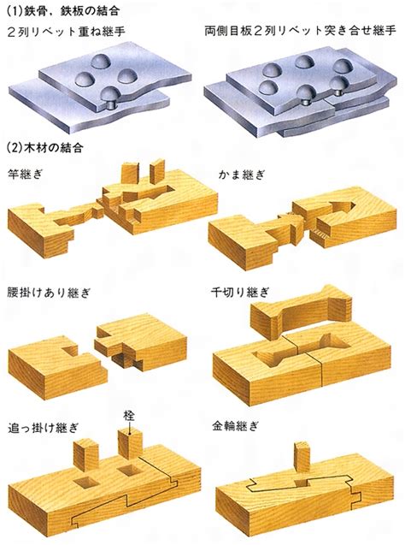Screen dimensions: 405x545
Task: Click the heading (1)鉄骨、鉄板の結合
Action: point(63,11)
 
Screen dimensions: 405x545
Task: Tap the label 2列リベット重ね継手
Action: point(66,32)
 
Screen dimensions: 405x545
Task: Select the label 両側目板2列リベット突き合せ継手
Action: point(300,32)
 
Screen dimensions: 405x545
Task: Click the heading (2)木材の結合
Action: point(45,148)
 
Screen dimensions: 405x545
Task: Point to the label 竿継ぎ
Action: point(25,175)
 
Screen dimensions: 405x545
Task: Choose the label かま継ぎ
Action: point(241,175)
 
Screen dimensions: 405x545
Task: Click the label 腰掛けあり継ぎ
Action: point(49,293)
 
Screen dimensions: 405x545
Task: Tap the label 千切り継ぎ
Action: point(240,293)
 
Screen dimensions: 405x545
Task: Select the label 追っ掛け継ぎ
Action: point(43,428)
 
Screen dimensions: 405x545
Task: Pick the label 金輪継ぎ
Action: point(235,426)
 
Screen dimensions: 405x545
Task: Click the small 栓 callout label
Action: point(129,416)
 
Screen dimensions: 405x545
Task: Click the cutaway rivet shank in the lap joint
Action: point(111,104)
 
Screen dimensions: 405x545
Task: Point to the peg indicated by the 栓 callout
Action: point(131,444)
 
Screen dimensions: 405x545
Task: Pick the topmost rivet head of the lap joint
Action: point(100,62)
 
